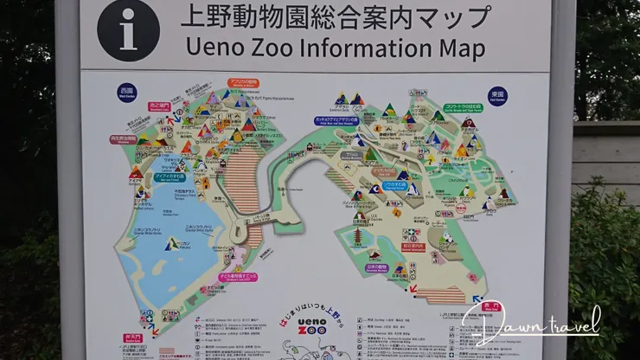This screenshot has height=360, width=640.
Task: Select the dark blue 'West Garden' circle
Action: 127,92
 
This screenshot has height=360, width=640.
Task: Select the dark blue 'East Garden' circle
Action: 496,94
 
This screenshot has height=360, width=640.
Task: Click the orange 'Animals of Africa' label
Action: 244,84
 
